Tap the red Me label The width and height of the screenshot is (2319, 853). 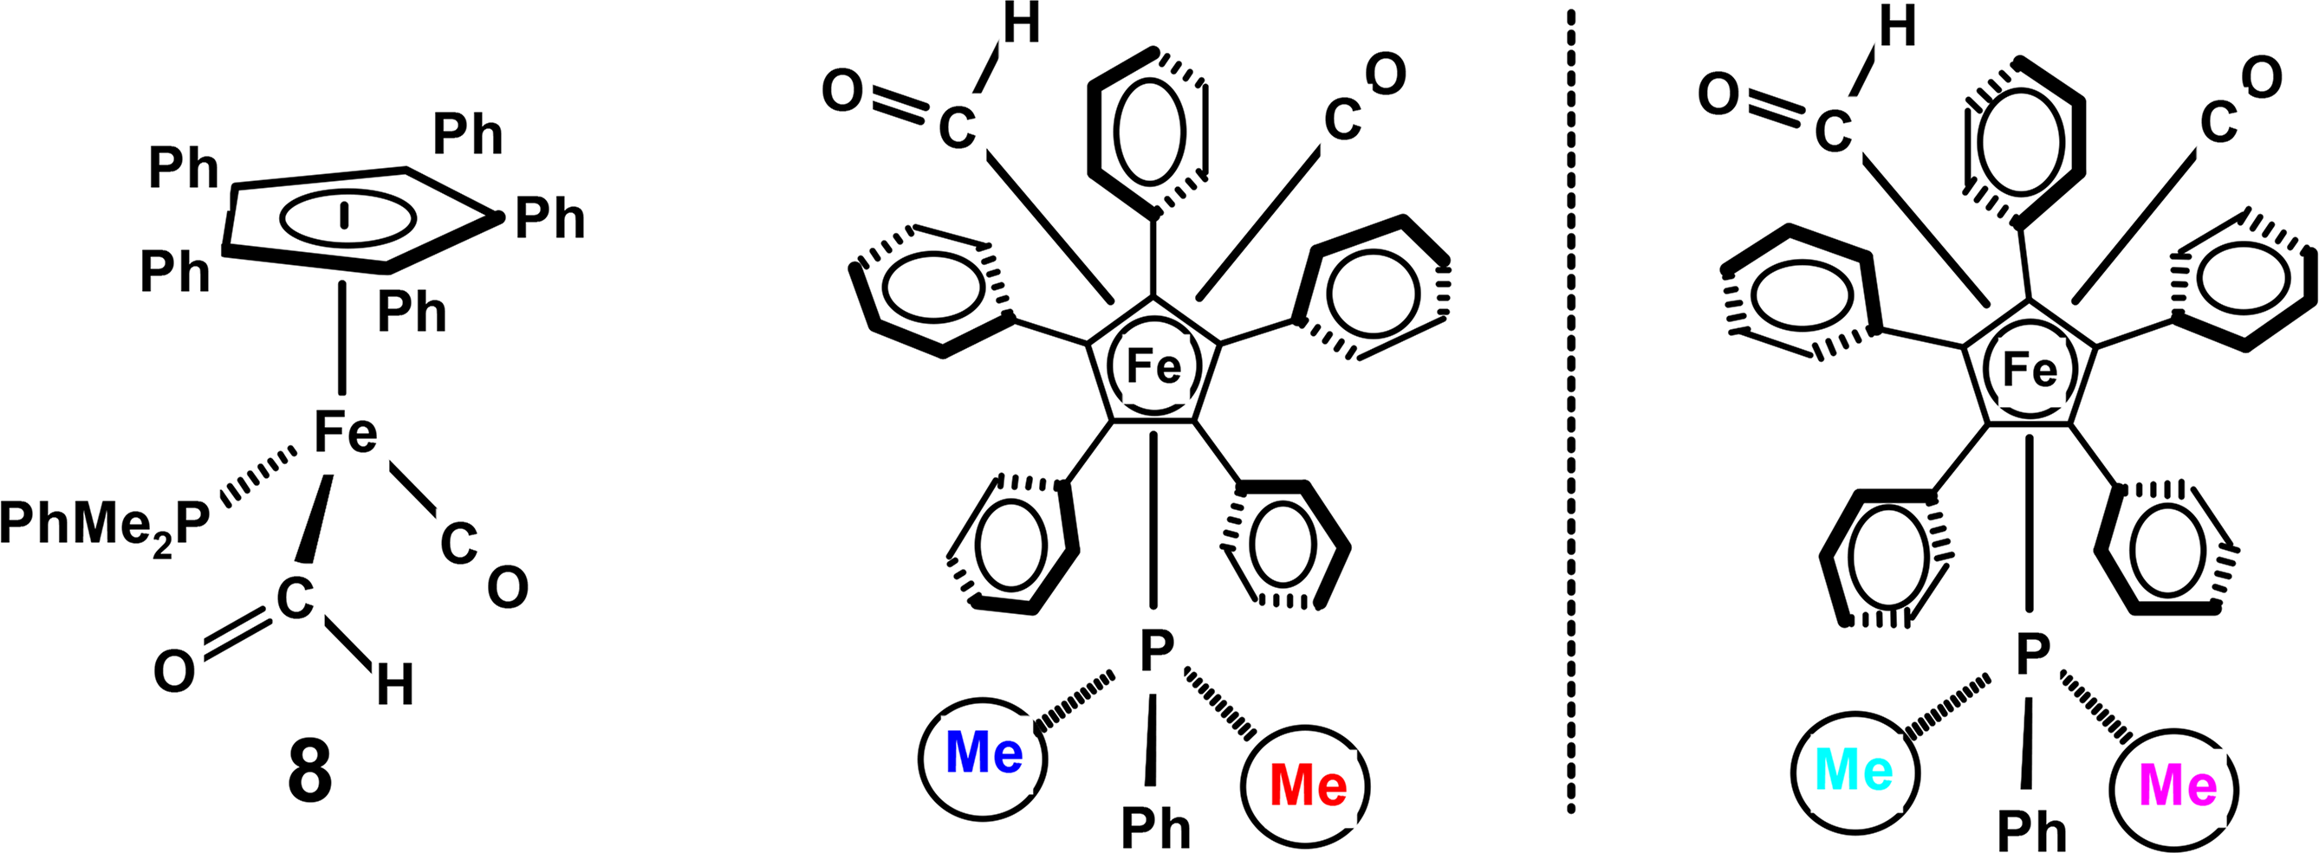pos(1308,785)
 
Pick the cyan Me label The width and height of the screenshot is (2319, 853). pos(1855,770)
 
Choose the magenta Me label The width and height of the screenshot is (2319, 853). pos(2178,785)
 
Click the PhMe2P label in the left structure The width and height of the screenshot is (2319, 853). pos(106,525)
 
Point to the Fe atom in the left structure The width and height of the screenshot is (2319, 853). pos(345,433)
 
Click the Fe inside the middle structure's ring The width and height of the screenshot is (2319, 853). pos(1153,366)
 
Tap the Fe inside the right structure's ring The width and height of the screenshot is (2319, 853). pos(2030,370)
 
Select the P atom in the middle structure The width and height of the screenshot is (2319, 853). pos(1157,651)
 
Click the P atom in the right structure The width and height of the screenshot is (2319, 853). pos(2033,654)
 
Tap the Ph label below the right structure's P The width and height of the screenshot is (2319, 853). pos(2032,830)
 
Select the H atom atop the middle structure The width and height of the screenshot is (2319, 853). pos(1021,25)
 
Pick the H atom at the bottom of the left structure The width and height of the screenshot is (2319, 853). pos(394,686)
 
